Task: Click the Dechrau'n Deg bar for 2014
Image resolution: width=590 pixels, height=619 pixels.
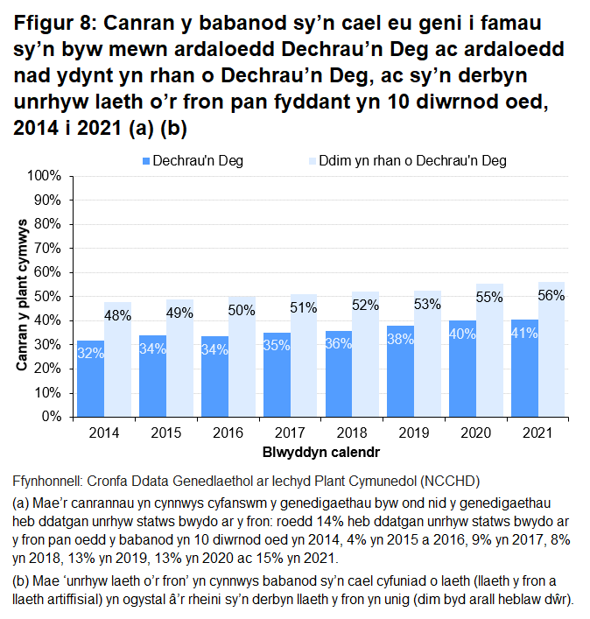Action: [90, 378]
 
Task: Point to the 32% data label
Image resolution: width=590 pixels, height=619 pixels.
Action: [90, 353]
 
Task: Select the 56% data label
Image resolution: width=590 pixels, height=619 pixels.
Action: [551, 295]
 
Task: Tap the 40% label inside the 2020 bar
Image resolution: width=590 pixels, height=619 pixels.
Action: [462, 333]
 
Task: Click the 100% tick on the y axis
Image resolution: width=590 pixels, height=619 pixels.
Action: [45, 176]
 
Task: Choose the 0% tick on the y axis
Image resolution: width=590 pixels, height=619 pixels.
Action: [51, 417]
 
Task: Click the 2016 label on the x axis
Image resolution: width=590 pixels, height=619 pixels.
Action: [228, 433]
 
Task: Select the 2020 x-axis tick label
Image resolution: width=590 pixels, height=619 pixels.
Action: [475, 433]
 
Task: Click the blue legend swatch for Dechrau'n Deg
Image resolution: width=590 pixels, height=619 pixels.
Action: [145, 161]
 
